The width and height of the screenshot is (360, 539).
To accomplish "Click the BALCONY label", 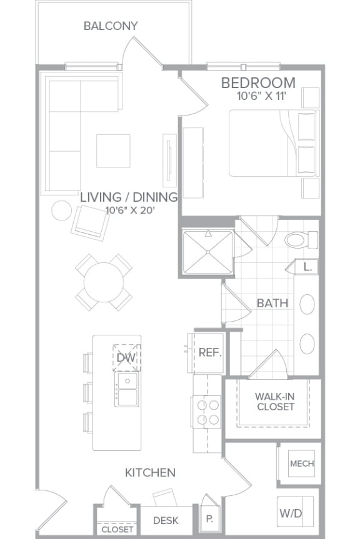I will point(111,26).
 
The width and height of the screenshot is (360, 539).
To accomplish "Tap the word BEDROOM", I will point(258,82).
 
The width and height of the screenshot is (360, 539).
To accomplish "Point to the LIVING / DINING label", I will point(129,197).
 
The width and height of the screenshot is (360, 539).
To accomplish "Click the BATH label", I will point(272,304).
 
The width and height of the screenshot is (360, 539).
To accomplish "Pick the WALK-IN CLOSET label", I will point(274,401).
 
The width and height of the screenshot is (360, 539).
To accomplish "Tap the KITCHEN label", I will point(150,473).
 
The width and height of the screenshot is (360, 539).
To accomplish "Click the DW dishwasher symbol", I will point(126,357).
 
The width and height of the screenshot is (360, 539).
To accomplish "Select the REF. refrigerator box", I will point(208,352).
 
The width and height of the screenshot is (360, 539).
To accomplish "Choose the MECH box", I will point(301,464).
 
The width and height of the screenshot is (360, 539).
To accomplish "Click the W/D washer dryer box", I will point(291,513).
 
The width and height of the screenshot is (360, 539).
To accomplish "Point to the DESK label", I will point(165,520).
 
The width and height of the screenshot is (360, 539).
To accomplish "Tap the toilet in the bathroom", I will point(298,239).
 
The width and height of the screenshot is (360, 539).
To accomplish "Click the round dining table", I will point(104,282).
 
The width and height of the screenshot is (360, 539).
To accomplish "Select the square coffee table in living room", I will point(113,151).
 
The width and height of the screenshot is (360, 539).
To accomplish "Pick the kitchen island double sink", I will point(126,389).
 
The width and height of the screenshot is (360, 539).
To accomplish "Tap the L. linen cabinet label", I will point(307,266).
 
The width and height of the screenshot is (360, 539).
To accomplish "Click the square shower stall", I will point(207,253).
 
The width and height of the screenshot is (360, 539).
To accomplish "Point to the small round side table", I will point(61,210).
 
